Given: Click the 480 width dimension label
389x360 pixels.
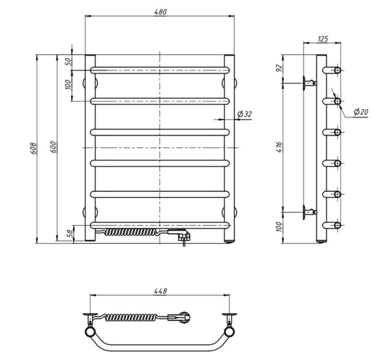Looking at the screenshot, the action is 160,12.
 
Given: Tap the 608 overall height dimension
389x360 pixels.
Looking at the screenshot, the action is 33,148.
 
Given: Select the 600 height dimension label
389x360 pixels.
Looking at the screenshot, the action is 53,147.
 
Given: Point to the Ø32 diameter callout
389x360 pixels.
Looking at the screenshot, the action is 244,114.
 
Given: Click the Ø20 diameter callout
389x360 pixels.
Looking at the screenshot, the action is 361,112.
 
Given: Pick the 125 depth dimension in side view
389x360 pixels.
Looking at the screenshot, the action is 323,39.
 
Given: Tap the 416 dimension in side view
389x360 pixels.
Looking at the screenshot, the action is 279,147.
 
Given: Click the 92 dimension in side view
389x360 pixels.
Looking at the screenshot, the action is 279,67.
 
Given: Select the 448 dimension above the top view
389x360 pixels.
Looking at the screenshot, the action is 160,291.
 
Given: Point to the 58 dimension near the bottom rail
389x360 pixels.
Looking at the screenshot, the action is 70,233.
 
